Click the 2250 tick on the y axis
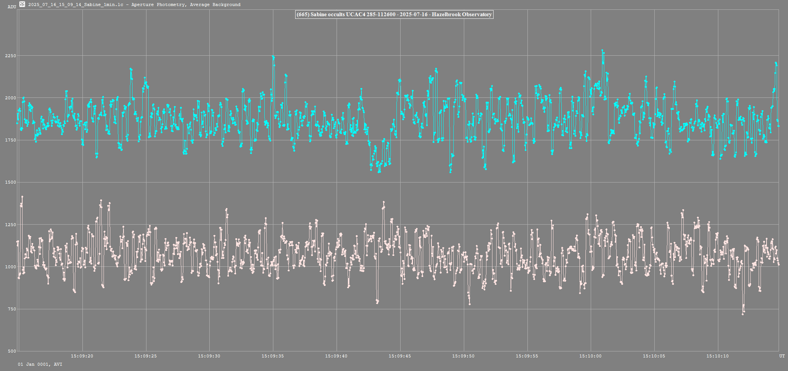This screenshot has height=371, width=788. click(11, 56)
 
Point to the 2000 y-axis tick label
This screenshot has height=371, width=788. click(11, 98)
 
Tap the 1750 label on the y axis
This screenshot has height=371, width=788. click(11, 140)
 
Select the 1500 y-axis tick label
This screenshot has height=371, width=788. click(11, 182)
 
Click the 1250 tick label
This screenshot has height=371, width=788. click(11, 225)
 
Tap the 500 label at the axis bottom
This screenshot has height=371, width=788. click(12, 351)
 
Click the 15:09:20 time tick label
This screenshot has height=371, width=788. click(82, 356)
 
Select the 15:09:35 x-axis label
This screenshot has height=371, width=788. click(273, 356)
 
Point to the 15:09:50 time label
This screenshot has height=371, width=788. click(463, 356)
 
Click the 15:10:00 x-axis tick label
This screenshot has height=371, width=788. click(590, 356)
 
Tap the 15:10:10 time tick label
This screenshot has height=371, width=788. click(718, 356)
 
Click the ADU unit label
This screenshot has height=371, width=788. click(12, 7)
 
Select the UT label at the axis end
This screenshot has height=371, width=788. click(782, 356)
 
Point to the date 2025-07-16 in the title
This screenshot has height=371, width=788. click(413, 15)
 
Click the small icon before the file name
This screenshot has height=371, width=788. click(22, 4)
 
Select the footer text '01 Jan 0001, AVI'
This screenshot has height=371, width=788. click(40, 364)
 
